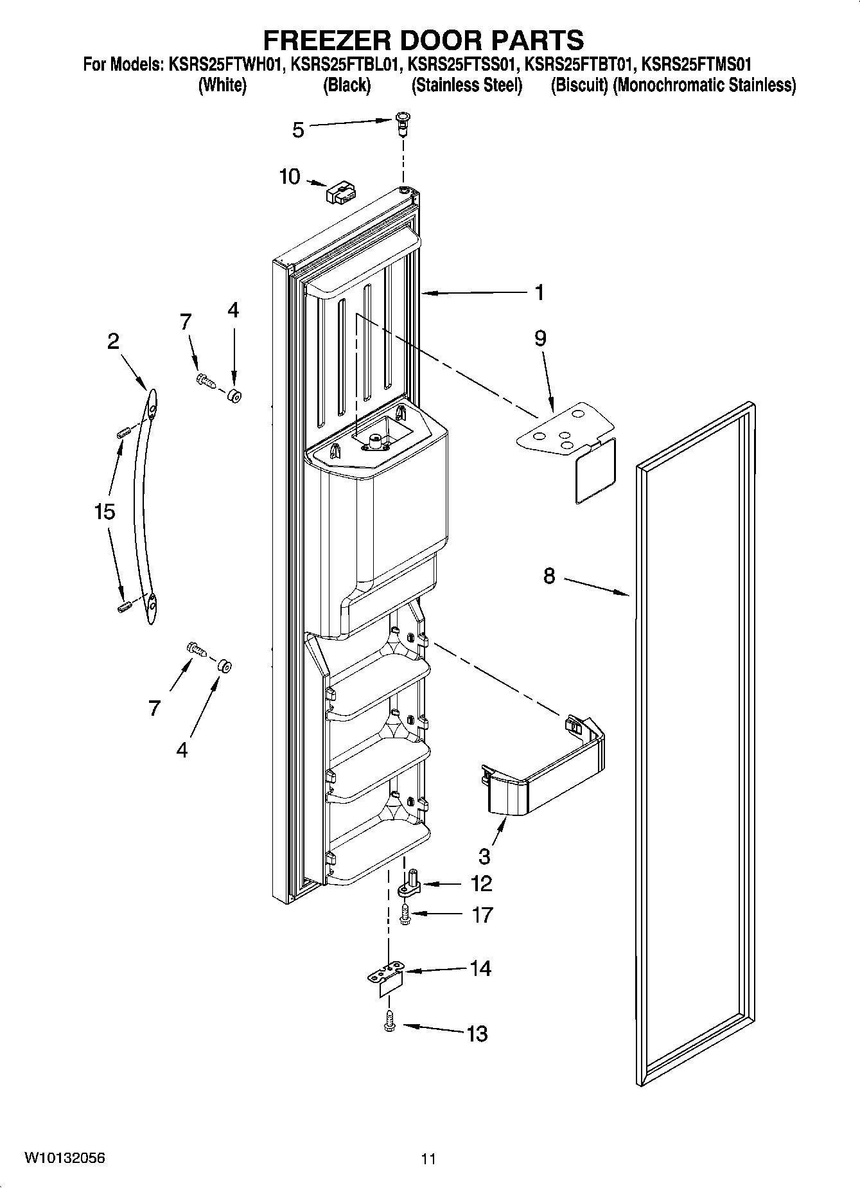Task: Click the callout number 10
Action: point(290,176)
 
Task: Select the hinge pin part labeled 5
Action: point(403,123)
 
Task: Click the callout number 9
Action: point(540,338)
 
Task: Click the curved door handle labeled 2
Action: point(145,508)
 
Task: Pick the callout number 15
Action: point(104,512)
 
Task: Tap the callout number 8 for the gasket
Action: point(548,576)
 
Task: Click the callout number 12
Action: point(481,883)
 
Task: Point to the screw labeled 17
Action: point(405,914)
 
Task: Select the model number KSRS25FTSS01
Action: point(464,64)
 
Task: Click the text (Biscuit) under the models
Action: point(579,85)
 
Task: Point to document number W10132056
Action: point(65,1158)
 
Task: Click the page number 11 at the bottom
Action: point(428,1159)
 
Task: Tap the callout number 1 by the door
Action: point(540,292)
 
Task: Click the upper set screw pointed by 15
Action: point(124,433)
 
